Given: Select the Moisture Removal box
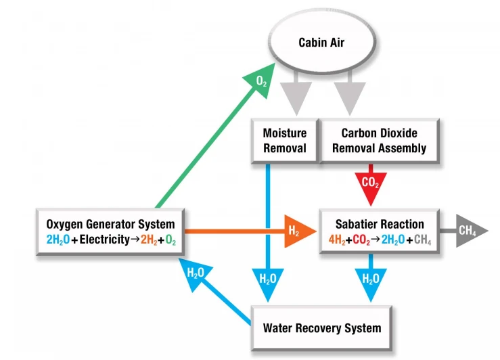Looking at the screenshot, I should click(x=285, y=141).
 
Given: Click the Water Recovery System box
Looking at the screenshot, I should click(x=321, y=328).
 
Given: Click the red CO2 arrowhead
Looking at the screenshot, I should click(x=370, y=184).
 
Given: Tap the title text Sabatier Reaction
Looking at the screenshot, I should click(x=380, y=224).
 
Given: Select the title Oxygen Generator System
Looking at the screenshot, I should click(x=110, y=224).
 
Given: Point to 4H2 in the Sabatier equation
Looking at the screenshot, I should click(x=336, y=239).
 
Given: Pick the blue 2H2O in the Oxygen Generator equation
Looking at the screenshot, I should click(x=59, y=239).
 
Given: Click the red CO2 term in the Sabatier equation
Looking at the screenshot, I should click(x=363, y=239).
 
